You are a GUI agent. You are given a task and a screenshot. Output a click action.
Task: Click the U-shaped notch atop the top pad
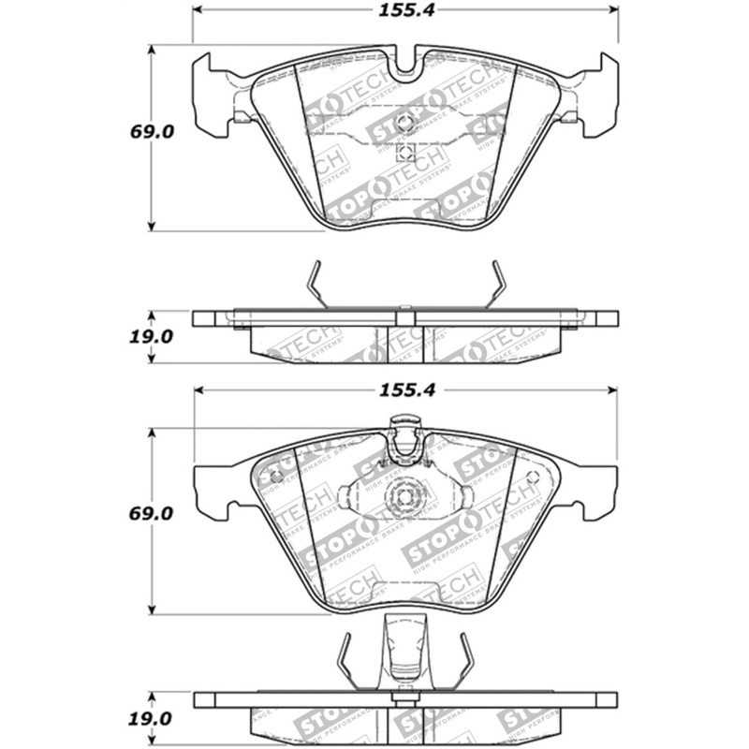coord(405,62)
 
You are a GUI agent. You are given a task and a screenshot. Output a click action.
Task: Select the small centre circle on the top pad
coord(405,123)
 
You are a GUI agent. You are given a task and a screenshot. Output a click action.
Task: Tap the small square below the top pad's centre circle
coord(405,153)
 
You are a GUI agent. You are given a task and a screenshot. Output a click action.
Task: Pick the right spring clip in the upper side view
coord(495,284)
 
